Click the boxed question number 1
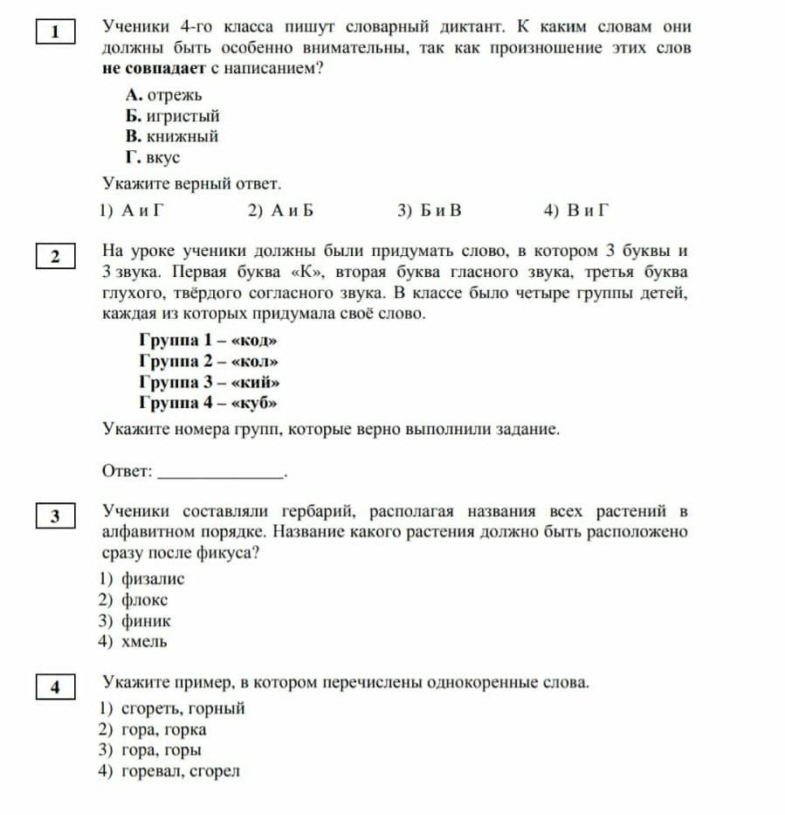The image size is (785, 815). click(x=55, y=33)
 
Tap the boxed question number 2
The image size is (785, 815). click(x=55, y=257)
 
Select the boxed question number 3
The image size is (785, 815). click(x=55, y=516)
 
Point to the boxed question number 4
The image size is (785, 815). click(x=55, y=687)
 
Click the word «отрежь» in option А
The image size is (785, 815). click(x=175, y=94)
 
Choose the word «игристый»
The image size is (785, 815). click(x=182, y=115)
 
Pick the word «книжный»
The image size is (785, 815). click(x=182, y=136)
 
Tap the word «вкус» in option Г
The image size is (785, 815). click(x=163, y=157)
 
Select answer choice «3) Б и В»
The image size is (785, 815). click(x=429, y=210)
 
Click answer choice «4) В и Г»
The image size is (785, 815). click(x=575, y=210)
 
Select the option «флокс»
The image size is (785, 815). click(x=145, y=599)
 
